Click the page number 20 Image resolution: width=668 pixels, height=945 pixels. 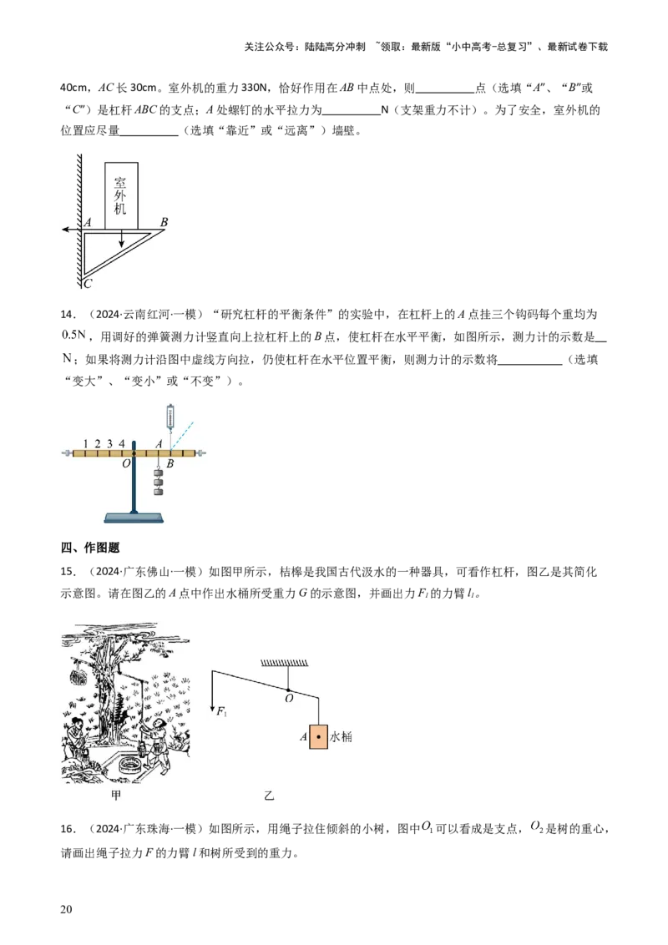(x=66, y=909)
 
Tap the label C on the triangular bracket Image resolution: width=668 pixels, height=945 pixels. (x=88, y=283)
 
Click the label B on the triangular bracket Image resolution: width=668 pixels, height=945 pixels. (x=164, y=222)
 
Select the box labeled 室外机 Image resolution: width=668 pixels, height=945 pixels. (x=121, y=196)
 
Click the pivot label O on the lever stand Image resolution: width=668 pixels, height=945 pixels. (x=126, y=464)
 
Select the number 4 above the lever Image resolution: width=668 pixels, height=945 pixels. (x=122, y=443)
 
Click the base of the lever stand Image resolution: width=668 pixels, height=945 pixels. (x=134, y=517)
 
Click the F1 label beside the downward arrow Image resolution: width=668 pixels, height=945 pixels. (x=222, y=712)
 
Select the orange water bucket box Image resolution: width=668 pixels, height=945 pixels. (x=318, y=736)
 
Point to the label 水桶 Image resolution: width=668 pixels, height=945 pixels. (x=341, y=736)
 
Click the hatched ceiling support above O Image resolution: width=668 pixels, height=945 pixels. (x=285, y=663)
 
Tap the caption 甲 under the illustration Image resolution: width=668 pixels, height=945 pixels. (x=116, y=796)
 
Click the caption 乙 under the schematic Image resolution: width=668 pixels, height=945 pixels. (x=269, y=796)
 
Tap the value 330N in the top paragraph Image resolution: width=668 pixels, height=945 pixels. (x=254, y=88)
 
